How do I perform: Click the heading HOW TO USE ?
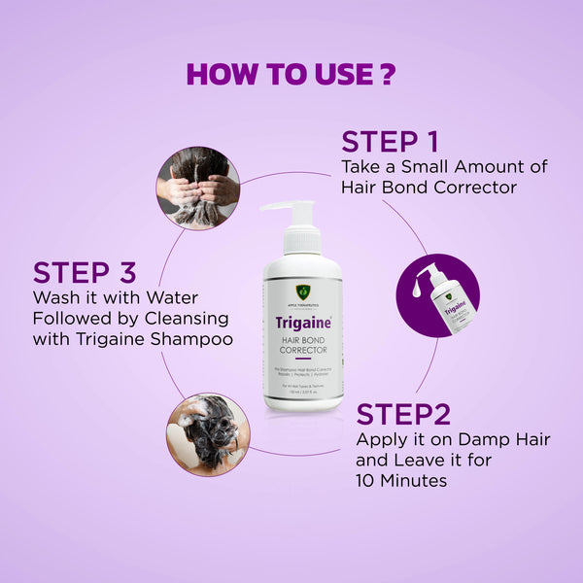click(x=291, y=75)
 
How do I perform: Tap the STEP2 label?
click(x=403, y=414)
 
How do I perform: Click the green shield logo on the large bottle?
click(x=303, y=291)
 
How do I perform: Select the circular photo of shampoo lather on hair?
click(x=207, y=433)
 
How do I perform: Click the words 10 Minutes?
click(x=399, y=480)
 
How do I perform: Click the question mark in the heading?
click(x=388, y=75)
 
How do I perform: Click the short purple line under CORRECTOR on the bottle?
click(x=302, y=360)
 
